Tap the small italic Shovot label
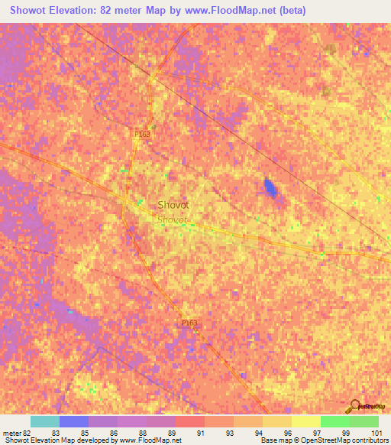(x=172, y=219)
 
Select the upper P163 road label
(x=142, y=134)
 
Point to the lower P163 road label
(x=190, y=323)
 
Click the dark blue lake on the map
(x=270, y=187)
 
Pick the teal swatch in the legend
(x=45, y=421)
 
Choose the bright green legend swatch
(x=334, y=421)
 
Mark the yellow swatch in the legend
(x=305, y=421)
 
